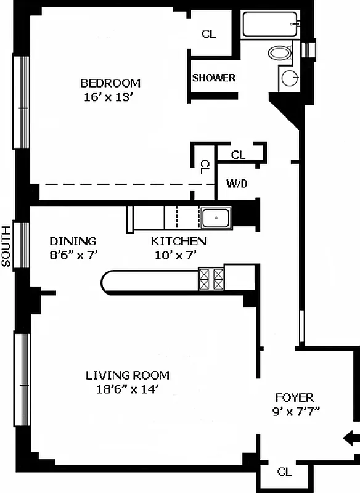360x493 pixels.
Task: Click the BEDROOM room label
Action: click(x=110, y=83)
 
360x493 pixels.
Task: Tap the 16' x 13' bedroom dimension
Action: click(x=107, y=97)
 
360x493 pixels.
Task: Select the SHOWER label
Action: click(x=214, y=78)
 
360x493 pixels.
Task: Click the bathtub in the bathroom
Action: click(x=270, y=24)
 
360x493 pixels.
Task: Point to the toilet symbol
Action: click(x=279, y=52)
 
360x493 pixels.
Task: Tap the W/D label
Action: click(x=237, y=183)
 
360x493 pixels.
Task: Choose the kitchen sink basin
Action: click(x=216, y=218)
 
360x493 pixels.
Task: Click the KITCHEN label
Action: click(x=179, y=241)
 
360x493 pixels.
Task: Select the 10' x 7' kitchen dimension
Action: click(x=176, y=255)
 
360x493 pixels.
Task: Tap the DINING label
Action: click(x=73, y=241)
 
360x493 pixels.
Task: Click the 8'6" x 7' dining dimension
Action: click(x=74, y=255)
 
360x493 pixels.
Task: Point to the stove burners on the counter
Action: click(x=211, y=279)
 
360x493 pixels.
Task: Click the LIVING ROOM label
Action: click(x=128, y=375)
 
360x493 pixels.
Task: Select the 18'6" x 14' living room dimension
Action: click(x=127, y=389)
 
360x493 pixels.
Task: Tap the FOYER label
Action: click(x=295, y=397)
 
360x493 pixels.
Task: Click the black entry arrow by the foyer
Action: click(x=351, y=438)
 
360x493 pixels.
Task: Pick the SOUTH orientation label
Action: click(x=6, y=246)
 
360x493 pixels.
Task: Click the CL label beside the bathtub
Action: click(x=209, y=34)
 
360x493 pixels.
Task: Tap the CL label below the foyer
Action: click(x=285, y=471)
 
